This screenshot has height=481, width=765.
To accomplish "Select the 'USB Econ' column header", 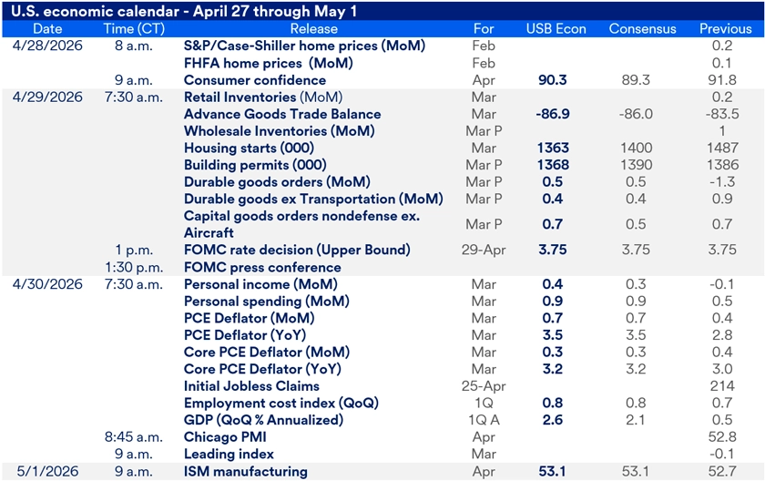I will (x=553, y=28).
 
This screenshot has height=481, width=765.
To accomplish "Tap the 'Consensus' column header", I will (x=643, y=28).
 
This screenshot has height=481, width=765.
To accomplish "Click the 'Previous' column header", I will (x=726, y=28).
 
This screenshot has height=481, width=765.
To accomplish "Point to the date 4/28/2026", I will (x=47, y=46).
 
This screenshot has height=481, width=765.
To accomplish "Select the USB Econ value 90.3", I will (x=553, y=80).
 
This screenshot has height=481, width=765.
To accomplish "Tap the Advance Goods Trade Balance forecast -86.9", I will (x=553, y=114).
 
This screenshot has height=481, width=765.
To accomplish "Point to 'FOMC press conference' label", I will (x=262, y=267).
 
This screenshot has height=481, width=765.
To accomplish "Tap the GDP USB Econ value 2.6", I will (x=553, y=420).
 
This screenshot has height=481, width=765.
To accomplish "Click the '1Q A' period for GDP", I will (x=484, y=420).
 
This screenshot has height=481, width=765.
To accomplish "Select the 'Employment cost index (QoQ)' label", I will (x=280, y=403).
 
